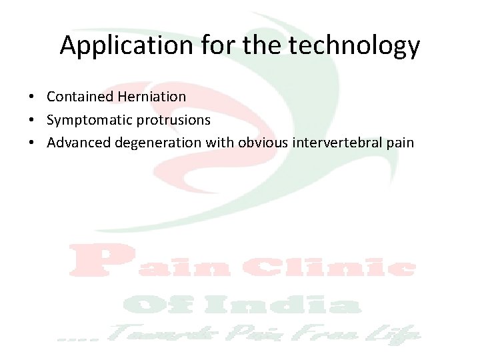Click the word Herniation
coord(152,97)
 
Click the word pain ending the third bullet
coord(400,143)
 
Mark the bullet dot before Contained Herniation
coord(32,97)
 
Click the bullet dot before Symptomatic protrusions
coord(32,121)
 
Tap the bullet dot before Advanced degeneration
coord(32,143)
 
